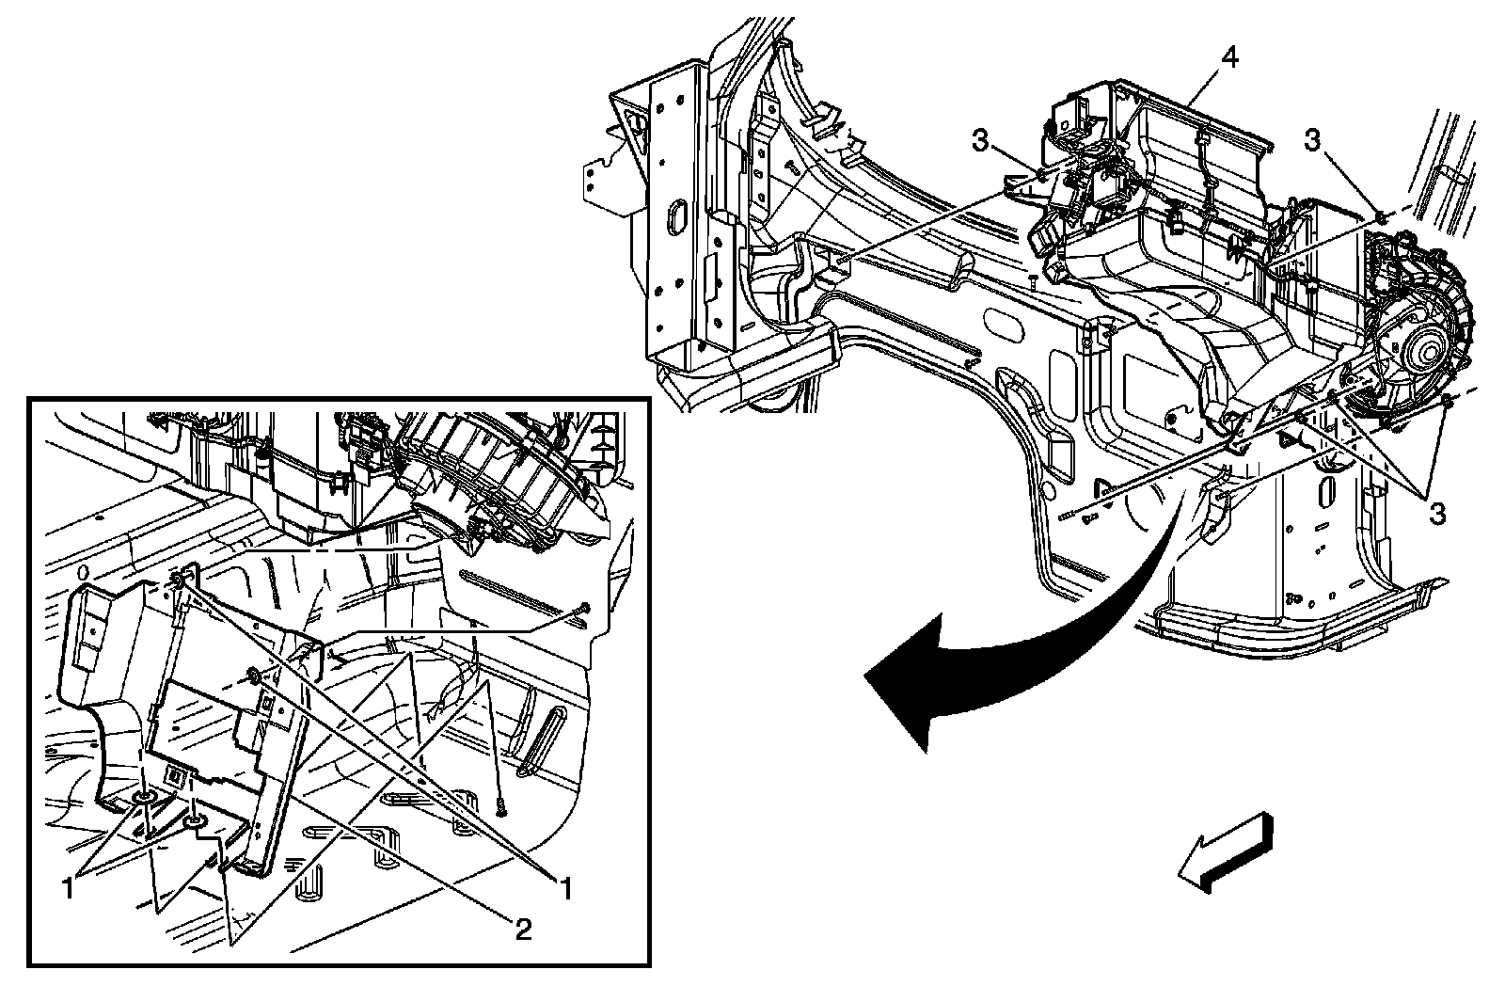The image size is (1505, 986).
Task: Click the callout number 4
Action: [x=1229, y=57]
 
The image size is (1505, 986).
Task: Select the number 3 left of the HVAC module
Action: [x=981, y=141]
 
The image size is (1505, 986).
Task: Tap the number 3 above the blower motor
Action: [x=1312, y=140]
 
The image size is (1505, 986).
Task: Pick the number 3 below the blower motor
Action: [x=1436, y=513]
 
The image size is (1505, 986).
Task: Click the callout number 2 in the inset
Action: [x=523, y=930]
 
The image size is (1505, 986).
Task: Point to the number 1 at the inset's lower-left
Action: [x=68, y=884]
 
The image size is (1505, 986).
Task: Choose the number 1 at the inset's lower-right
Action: [x=566, y=884]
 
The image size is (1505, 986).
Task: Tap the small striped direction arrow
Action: [x=1223, y=852]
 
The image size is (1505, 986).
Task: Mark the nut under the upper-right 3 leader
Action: [x=1379, y=218]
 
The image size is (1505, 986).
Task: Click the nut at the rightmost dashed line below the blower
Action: [x=1448, y=402]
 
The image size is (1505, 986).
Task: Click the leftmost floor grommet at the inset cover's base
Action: [x=147, y=799]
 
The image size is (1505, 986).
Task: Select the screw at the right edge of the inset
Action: [x=585, y=610]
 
